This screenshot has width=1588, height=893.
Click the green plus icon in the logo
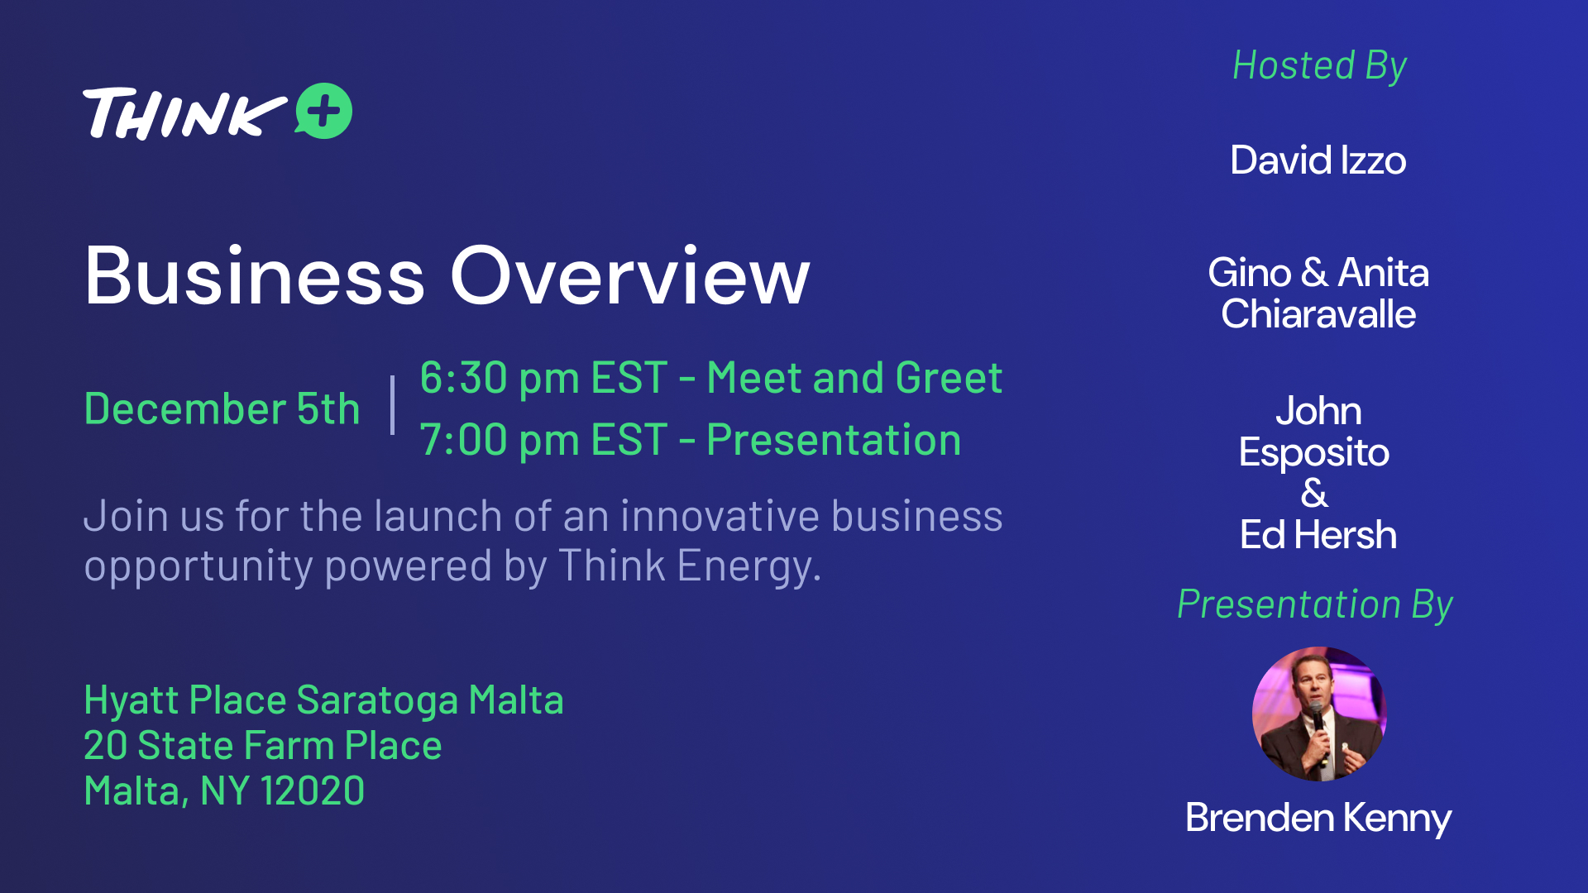pos(323,111)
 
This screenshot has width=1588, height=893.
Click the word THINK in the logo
pos(184,113)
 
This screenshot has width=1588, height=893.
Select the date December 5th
pos(222,408)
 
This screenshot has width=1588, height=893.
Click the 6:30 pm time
pos(500,379)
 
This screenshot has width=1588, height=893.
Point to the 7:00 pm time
pos(500,440)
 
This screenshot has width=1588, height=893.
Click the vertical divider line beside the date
pos(392,405)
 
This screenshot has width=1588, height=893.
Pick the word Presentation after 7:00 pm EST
pos(834,440)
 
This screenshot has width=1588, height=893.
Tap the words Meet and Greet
pos(854,378)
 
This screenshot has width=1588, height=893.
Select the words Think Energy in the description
pos(690,566)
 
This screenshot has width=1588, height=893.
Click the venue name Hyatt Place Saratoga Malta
pos(323,700)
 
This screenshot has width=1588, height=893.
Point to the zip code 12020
pos(312,791)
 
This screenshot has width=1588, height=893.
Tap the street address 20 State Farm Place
pos(263,746)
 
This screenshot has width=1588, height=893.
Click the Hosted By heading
pos(1319,66)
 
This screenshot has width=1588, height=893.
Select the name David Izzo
pos(1318,160)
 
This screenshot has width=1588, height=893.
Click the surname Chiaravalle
pos(1318,314)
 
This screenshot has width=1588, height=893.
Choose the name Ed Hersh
pos(1318,535)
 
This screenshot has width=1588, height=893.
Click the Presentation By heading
pos(1315,605)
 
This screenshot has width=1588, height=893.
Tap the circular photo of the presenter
pos(1319,714)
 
